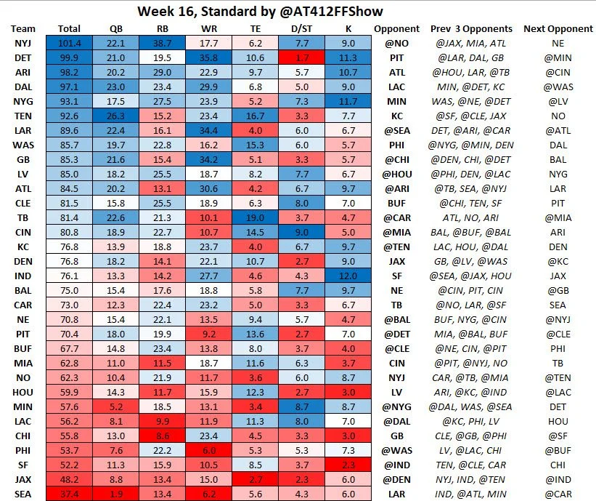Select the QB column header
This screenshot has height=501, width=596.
(116, 29)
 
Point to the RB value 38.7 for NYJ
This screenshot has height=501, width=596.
(163, 44)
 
